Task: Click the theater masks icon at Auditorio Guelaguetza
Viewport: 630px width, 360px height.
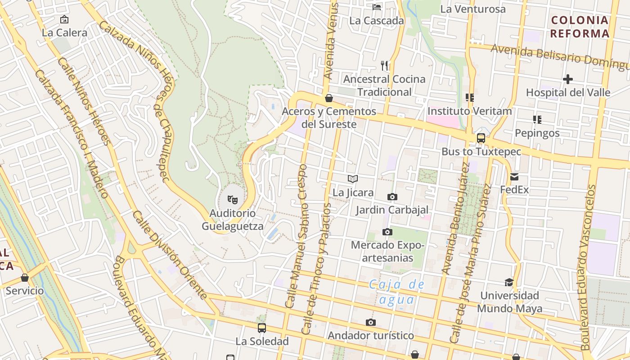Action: [x=232, y=198]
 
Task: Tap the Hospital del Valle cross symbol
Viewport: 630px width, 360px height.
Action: [x=568, y=80]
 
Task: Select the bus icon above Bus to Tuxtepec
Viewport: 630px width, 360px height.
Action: [x=481, y=138]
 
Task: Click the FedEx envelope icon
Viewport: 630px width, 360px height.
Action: [x=514, y=177]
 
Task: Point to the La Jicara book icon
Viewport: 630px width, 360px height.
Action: [x=353, y=179]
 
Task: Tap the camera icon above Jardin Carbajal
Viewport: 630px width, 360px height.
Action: [x=392, y=197]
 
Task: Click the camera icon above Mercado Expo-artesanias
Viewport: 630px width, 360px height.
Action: [x=387, y=232]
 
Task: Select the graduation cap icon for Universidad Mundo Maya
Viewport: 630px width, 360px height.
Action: [x=509, y=282]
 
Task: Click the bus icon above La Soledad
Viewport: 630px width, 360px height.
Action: [x=262, y=328]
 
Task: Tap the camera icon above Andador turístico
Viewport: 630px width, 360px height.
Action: [x=371, y=322]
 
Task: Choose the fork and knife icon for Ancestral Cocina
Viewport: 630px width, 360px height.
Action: [x=384, y=66]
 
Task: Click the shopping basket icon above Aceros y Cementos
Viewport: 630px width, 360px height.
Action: [x=329, y=98]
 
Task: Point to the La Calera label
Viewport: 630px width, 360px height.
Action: [x=64, y=32]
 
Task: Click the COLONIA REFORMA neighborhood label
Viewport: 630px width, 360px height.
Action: [x=580, y=27]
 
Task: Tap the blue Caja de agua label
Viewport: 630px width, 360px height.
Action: [x=396, y=292]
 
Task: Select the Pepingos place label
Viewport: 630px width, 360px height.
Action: [x=537, y=133]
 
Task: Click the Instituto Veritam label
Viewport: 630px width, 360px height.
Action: [x=470, y=111]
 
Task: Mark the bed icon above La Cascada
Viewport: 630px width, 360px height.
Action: [x=377, y=7]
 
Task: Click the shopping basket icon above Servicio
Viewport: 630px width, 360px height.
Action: [x=25, y=278]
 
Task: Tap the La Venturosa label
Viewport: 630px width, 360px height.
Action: [x=473, y=9]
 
